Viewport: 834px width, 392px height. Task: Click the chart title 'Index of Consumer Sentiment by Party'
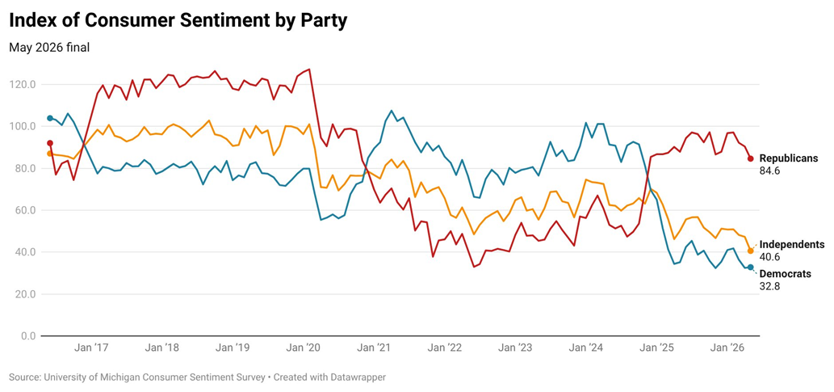178,20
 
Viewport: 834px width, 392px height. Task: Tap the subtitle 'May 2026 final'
49,48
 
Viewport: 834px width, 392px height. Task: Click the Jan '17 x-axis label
91,348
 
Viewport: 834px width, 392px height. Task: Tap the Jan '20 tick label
303,348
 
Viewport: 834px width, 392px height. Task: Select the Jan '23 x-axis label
514,348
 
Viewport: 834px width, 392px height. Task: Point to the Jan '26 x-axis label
726,348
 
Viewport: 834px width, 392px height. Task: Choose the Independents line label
792,244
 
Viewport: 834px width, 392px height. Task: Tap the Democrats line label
785,274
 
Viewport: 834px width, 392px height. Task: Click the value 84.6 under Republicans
769,171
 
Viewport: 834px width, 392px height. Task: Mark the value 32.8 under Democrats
769,287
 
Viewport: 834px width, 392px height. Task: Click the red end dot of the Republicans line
751,158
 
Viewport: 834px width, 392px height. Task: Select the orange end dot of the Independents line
751,251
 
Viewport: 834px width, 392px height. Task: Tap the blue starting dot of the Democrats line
50,118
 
